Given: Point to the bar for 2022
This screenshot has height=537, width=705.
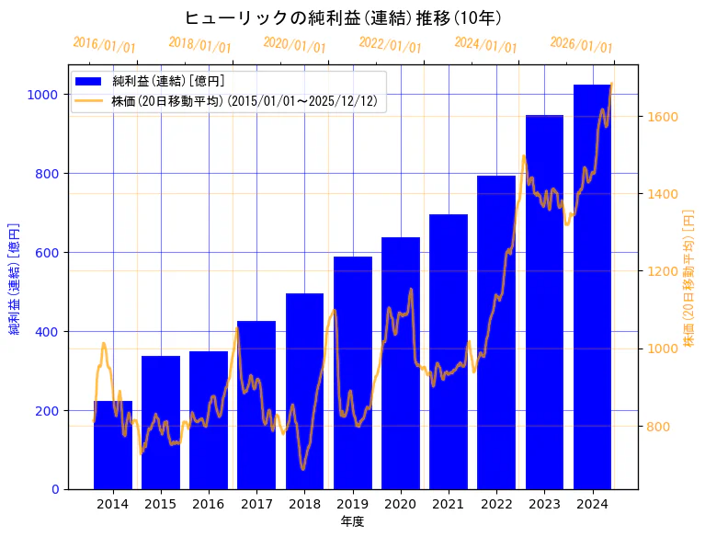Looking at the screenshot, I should click(496, 332).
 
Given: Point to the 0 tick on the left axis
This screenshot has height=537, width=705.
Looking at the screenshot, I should click(54, 489).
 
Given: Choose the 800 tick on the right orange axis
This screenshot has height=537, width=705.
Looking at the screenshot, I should click(660, 427).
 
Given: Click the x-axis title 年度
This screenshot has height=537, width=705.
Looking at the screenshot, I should click(353, 521).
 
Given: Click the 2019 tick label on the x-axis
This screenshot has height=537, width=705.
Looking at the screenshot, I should click(353, 503).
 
